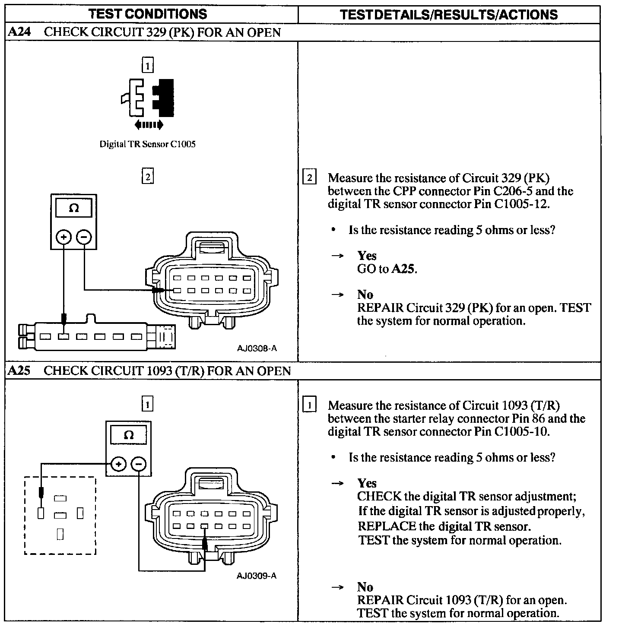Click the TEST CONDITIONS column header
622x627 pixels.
[x=148, y=14]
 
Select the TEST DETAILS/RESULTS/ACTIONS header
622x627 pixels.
[x=449, y=15]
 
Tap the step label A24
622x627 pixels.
[x=19, y=32]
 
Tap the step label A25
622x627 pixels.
[x=19, y=371]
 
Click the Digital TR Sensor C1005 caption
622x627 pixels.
[x=147, y=144]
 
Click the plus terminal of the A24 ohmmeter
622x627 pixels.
[x=63, y=237]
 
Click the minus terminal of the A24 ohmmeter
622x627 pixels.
[x=84, y=237]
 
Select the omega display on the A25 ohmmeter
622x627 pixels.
[x=128, y=435]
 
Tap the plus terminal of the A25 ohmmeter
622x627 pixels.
[x=118, y=464]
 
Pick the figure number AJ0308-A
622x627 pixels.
[x=257, y=348]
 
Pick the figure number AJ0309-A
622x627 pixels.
[x=257, y=576]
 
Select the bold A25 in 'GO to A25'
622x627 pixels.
[x=403, y=269]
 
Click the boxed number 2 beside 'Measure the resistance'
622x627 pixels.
[x=310, y=178]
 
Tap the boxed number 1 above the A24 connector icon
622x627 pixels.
[x=147, y=66]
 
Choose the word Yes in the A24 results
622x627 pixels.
[x=367, y=256]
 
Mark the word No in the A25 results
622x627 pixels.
[x=365, y=587]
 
